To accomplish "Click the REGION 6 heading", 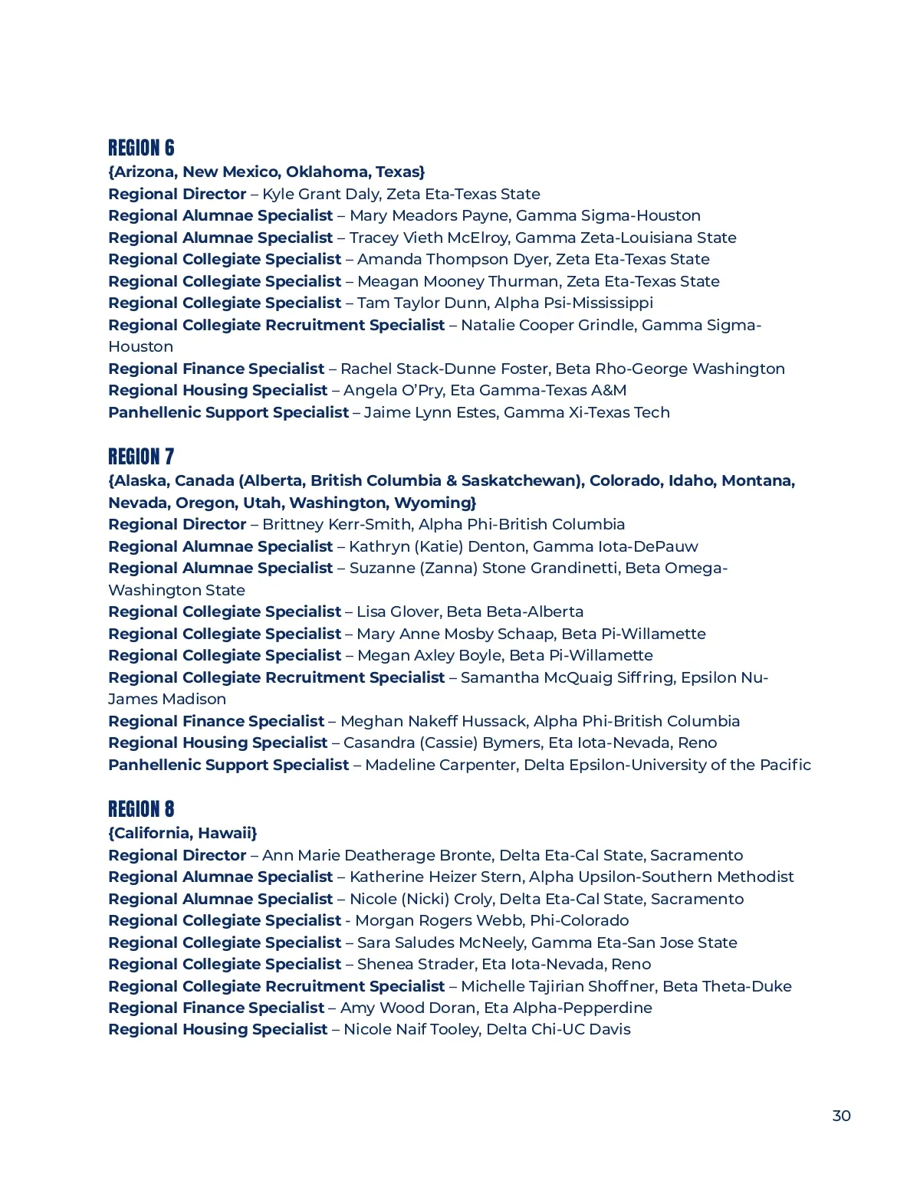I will click(x=141, y=148).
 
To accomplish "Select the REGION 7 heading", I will click(x=141, y=457).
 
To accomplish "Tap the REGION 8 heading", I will click(x=141, y=809).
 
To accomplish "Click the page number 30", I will click(x=841, y=1116).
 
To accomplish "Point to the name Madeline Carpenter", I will click(x=441, y=765).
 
